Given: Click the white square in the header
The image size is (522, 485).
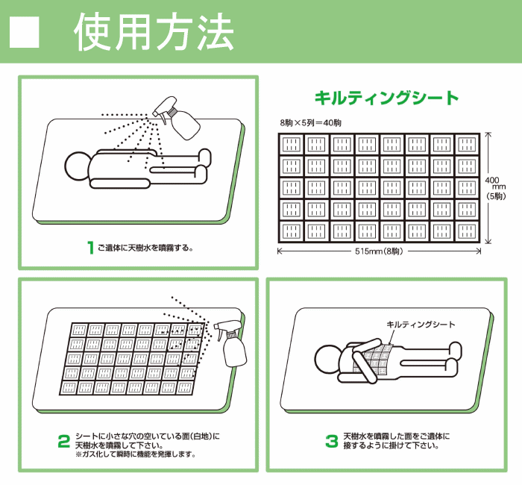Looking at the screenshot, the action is pyautogui.click(x=25, y=32).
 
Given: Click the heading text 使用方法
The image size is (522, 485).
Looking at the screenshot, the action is pyautogui.click(x=154, y=33).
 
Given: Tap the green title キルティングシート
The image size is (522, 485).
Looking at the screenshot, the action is pyautogui.click(x=386, y=98).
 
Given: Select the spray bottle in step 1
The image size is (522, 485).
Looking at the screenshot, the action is pyautogui.click(x=177, y=118).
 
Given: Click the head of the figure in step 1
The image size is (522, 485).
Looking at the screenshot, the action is pyautogui.click(x=78, y=166).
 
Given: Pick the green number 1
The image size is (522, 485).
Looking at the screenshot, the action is pyautogui.click(x=90, y=248).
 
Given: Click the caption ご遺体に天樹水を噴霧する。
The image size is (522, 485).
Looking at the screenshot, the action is pyautogui.click(x=145, y=248).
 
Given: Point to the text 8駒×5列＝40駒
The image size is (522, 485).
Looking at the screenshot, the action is pyautogui.click(x=311, y=123).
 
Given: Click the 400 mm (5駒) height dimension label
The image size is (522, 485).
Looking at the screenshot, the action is pyautogui.click(x=495, y=188).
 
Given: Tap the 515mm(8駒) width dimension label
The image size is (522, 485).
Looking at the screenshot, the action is pyautogui.click(x=379, y=251).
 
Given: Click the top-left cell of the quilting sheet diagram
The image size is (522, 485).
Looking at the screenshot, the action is pyautogui.click(x=292, y=145).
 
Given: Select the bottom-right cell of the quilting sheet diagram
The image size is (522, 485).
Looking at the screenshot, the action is pyautogui.click(x=467, y=231).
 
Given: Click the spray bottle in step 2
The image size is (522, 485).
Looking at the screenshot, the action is pyautogui.click(x=230, y=343).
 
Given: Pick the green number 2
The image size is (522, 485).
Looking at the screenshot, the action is pyautogui.click(x=64, y=442).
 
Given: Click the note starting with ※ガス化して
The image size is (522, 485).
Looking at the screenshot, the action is pyautogui.click(x=136, y=454).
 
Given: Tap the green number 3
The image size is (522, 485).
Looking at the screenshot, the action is pyautogui.click(x=332, y=442).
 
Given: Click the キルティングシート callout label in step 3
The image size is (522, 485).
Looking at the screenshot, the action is pyautogui.click(x=421, y=324).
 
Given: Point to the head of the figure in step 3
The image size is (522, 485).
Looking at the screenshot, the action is pyautogui.click(x=328, y=359).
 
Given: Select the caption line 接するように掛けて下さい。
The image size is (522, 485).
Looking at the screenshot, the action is pyautogui.click(x=391, y=445).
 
